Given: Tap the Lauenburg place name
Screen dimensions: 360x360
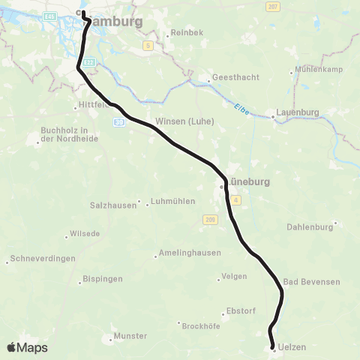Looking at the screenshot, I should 298,112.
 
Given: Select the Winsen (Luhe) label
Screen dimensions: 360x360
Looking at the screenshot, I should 184,121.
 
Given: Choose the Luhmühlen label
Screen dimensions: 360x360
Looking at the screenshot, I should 173,201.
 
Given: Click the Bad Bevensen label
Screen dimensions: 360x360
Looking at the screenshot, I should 312,281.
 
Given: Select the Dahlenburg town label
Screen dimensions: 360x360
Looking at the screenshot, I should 309,226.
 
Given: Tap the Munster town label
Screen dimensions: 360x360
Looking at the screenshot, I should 129,336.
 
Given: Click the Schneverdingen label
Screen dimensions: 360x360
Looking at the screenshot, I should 42,258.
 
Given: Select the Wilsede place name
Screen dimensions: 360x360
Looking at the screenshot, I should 85,233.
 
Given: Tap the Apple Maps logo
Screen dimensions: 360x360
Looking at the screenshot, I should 27,347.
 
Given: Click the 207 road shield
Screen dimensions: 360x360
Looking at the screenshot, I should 271,6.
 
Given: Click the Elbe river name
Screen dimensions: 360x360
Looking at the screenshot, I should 240,108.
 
